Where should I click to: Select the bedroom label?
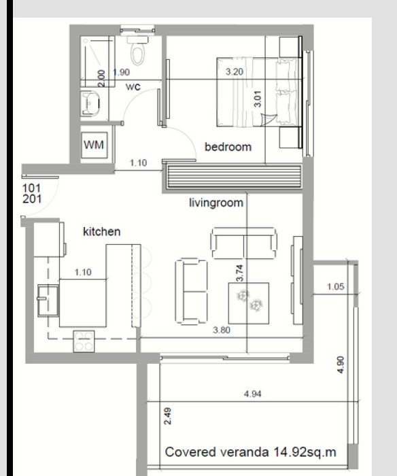coord(228,146)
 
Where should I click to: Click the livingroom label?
coord(215,202)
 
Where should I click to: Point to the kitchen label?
coord(101,232)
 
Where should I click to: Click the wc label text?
coord(133,86)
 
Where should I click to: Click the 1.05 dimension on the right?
coord(335,287)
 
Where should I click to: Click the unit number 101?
coord(32,187)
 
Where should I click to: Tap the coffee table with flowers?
coord(247,303)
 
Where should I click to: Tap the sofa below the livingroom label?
coord(244,241)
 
